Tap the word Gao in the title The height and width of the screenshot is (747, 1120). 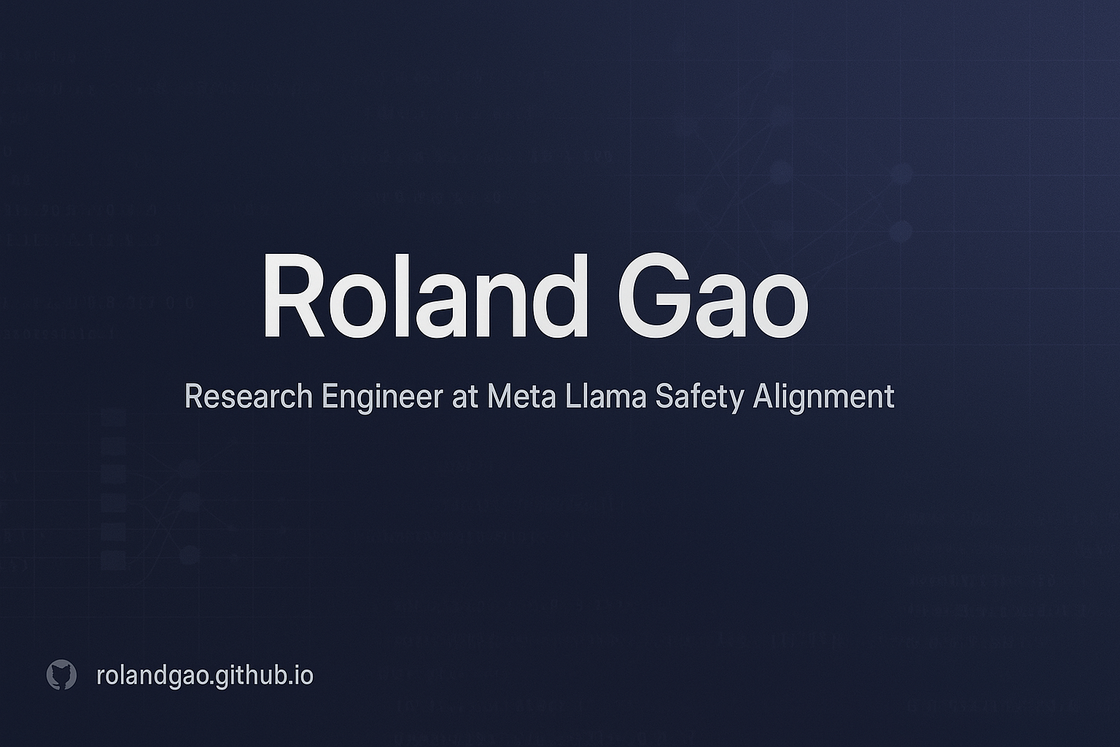(x=712, y=297)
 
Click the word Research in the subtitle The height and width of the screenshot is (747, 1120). (x=248, y=398)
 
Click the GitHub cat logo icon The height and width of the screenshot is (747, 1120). (x=61, y=676)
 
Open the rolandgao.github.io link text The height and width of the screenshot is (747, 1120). (x=205, y=676)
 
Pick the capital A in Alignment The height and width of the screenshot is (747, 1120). (x=763, y=398)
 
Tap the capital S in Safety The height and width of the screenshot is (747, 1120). (x=665, y=398)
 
